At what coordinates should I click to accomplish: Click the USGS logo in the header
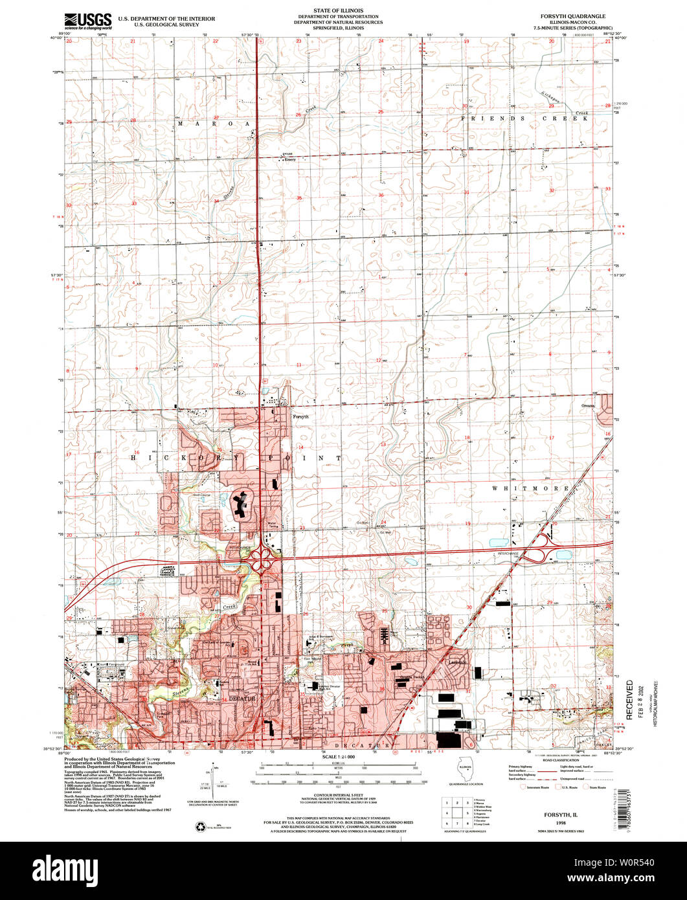click(88, 21)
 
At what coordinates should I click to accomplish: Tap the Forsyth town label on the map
click(300, 417)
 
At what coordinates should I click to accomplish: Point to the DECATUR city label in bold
click(241, 699)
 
